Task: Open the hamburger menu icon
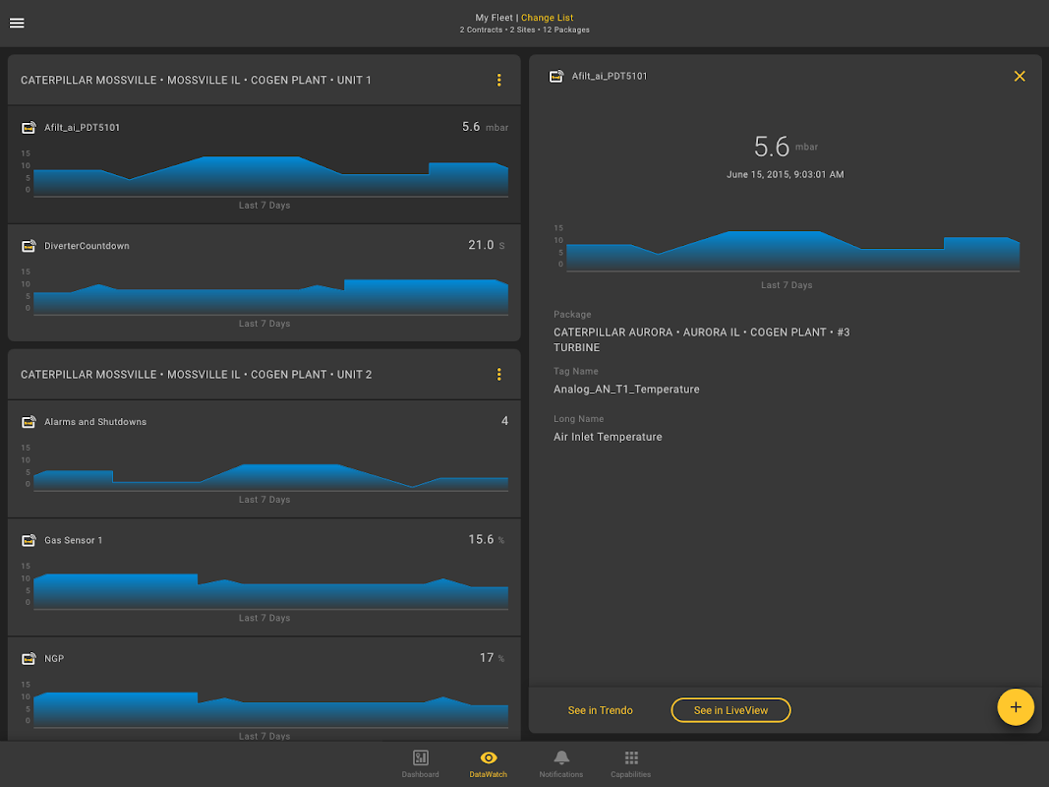point(17,24)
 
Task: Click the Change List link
point(547,18)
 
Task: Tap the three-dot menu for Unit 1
point(499,80)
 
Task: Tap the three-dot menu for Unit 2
point(499,375)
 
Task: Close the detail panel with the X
point(1020,76)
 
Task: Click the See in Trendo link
point(601,710)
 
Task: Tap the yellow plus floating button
point(1016,706)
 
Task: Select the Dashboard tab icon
point(421,757)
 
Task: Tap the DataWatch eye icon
point(489,757)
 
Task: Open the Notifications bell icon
point(561,757)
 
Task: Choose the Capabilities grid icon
point(631,757)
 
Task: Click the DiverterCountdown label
point(87,246)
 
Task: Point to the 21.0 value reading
point(481,245)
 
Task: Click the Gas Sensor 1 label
point(73,540)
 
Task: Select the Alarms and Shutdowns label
point(95,422)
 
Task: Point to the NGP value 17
point(487,658)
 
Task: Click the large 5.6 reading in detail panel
point(772,148)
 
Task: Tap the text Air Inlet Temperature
point(608,437)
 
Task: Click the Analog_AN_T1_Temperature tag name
point(626,390)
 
